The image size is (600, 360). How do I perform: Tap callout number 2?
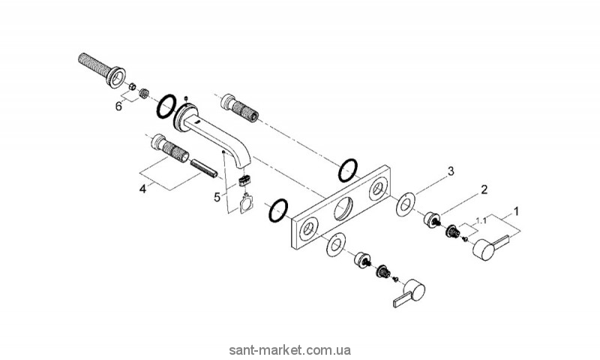(484, 189)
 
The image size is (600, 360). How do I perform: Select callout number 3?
(451, 172)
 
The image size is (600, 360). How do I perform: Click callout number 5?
(218, 198)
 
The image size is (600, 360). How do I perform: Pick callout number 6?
(118, 106)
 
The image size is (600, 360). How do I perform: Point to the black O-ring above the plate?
(347, 169)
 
